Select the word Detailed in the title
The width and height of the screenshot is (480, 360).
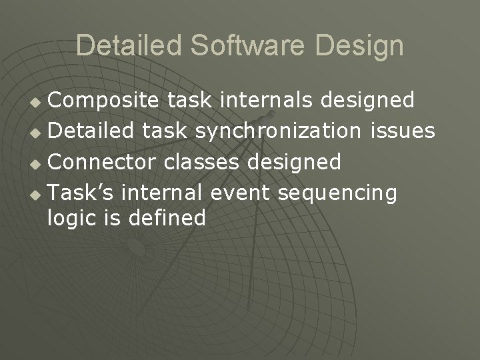128,46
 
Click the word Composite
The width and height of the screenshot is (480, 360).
104,101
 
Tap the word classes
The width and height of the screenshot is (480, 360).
206,162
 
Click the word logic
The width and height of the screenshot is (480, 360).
69,219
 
